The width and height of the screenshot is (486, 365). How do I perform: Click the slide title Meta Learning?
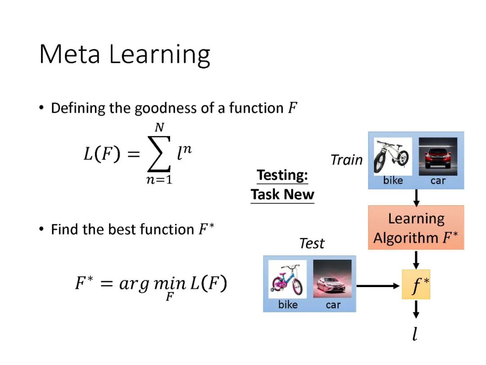[125, 55]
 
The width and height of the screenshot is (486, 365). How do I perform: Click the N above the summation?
[159, 128]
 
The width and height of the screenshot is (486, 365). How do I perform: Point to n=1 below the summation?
[159, 179]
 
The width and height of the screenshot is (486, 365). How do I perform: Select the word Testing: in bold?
[282, 175]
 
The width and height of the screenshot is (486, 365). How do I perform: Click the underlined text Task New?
[282, 195]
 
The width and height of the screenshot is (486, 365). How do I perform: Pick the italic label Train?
[346, 160]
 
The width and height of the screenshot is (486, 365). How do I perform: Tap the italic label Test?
[311, 243]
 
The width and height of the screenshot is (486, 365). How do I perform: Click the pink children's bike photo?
[287, 279]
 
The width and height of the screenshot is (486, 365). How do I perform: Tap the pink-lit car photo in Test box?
[333, 279]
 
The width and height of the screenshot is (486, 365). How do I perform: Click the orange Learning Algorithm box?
[416, 228]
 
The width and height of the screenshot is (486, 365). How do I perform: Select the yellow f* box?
[416, 285]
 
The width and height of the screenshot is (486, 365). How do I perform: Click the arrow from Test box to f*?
[378, 285]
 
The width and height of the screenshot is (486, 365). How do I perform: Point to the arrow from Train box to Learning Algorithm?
[416, 197]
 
